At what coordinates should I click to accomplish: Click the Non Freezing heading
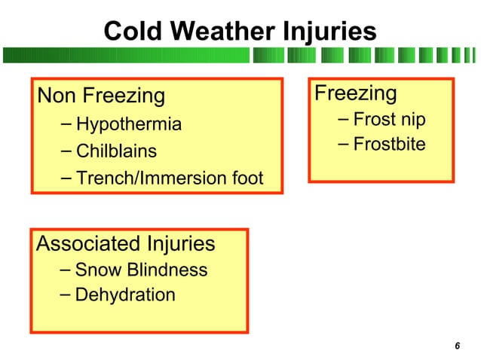pyautogui.click(x=101, y=96)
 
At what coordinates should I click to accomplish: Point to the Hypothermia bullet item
pyautogui.click(x=129, y=124)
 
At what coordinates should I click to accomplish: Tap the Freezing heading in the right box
pyautogui.click(x=355, y=93)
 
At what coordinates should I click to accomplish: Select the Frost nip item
pyautogui.click(x=389, y=119)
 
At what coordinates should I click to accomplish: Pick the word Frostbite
pyautogui.click(x=389, y=144)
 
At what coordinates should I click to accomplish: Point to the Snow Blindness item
pyautogui.click(x=141, y=270)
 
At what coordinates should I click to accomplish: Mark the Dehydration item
pyautogui.click(x=125, y=294)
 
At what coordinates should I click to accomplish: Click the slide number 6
pyautogui.click(x=457, y=346)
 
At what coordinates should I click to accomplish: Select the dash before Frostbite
pyautogui.click(x=343, y=143)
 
